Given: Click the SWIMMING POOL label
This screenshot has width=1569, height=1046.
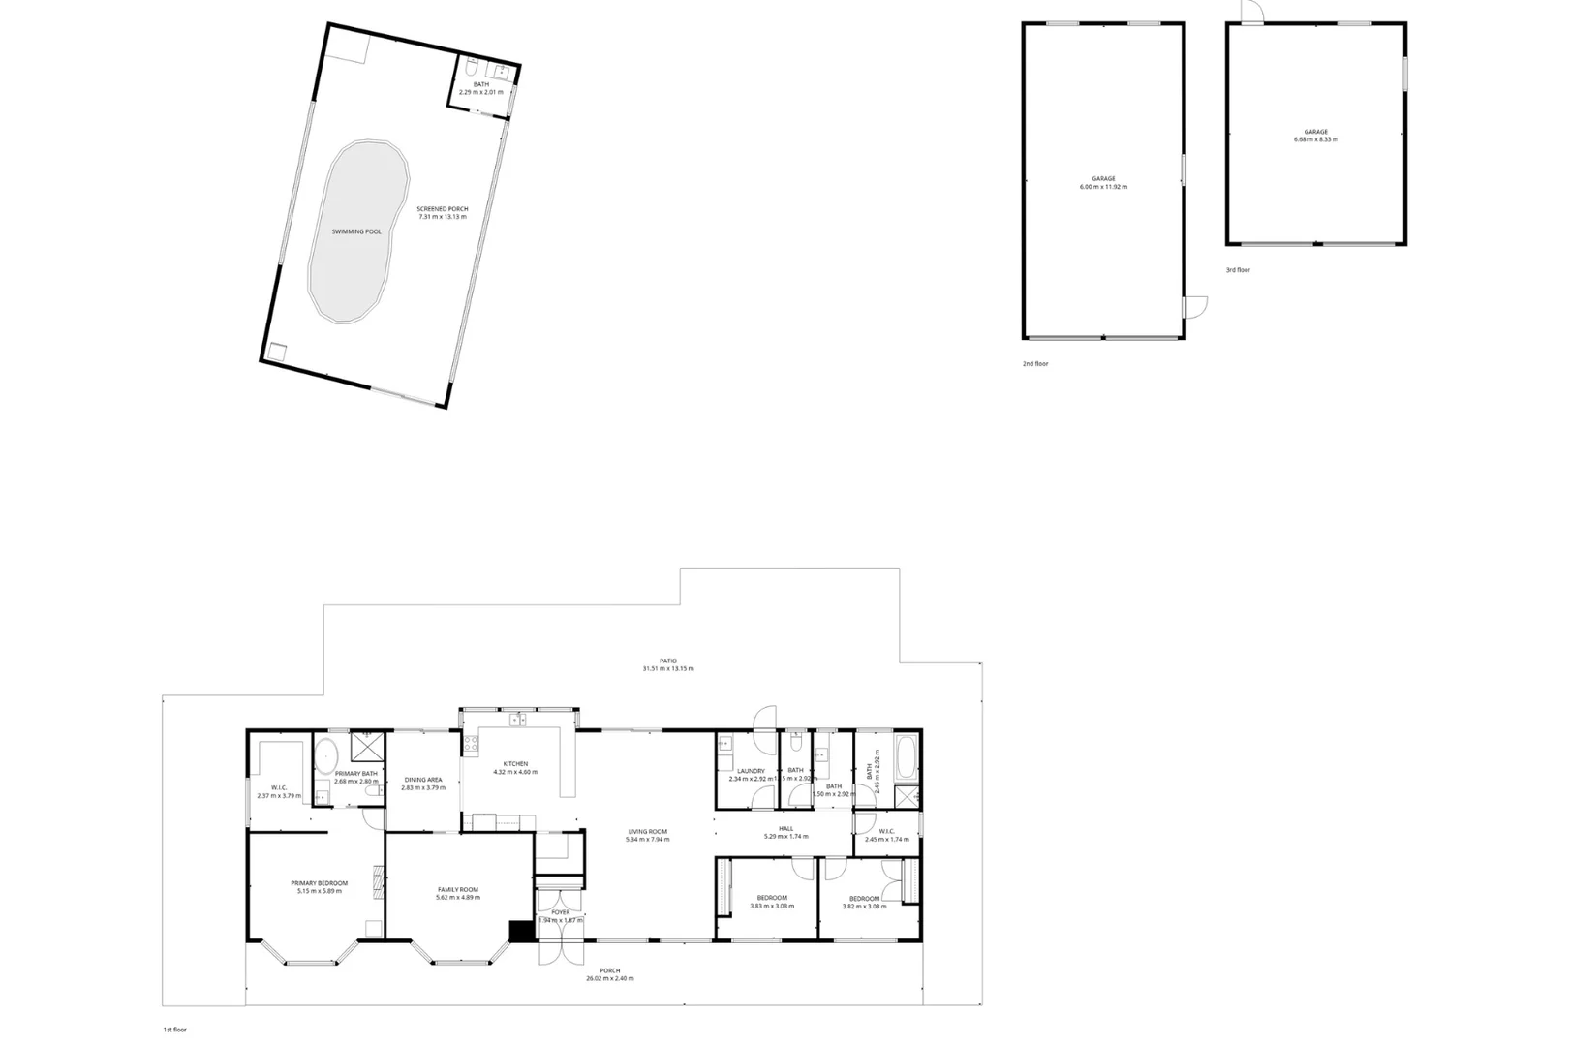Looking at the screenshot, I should [356, 232].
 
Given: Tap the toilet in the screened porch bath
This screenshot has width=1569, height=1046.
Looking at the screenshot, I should [470, 69].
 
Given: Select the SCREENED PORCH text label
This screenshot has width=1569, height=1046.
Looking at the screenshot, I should [443, 209].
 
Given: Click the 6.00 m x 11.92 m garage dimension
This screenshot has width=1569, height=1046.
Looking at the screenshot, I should [1103, 187].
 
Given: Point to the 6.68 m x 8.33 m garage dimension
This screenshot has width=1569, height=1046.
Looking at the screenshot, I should [1315, 139].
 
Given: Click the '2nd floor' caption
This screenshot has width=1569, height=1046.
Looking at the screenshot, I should [1035, 364].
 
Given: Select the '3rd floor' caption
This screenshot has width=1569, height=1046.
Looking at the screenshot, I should [1238, 270].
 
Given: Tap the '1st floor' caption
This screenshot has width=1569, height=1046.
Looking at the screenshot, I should [174, 1031].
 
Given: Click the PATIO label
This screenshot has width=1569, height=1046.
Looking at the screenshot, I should [668, 661].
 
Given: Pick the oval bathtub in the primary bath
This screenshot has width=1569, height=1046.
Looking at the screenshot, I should [326, 753].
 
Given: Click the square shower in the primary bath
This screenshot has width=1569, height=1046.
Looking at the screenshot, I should [366, 747].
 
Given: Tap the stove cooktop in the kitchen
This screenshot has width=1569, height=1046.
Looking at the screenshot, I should [471, 745].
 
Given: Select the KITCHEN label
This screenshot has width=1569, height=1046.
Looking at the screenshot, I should [515, 764].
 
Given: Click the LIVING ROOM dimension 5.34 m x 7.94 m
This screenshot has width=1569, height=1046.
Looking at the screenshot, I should [648, 840].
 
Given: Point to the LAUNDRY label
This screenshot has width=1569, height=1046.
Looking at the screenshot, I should [751, 771].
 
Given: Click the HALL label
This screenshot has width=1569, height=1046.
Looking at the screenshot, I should [785, 828].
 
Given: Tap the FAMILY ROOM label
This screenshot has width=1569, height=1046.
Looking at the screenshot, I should [458, 889].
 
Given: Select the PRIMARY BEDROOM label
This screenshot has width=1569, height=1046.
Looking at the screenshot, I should [319, 883].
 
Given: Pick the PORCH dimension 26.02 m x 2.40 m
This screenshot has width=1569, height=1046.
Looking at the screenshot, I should [610, 979].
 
